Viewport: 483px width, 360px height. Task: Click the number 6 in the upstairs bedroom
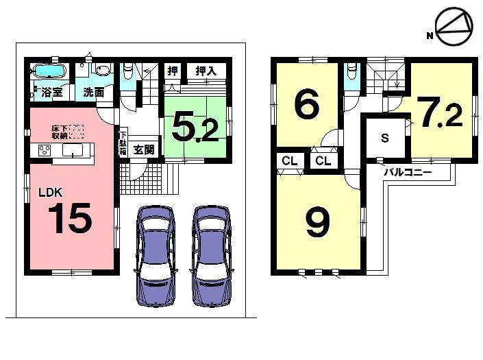click(306, 106)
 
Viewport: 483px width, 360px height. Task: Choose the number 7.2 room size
click(441, 115)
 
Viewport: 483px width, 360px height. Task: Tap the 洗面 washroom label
click(94, 92)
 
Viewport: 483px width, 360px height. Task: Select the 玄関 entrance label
click(143, 149)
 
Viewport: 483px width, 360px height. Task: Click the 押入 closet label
click(206, 71)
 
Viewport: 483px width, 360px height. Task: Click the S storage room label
click(385, 138)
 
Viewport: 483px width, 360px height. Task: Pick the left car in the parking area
click(156, 254)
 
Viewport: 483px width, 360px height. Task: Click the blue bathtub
click(47, 71)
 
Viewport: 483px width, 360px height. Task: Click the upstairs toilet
click(351, 71)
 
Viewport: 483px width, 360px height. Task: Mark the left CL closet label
click(289, 161)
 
